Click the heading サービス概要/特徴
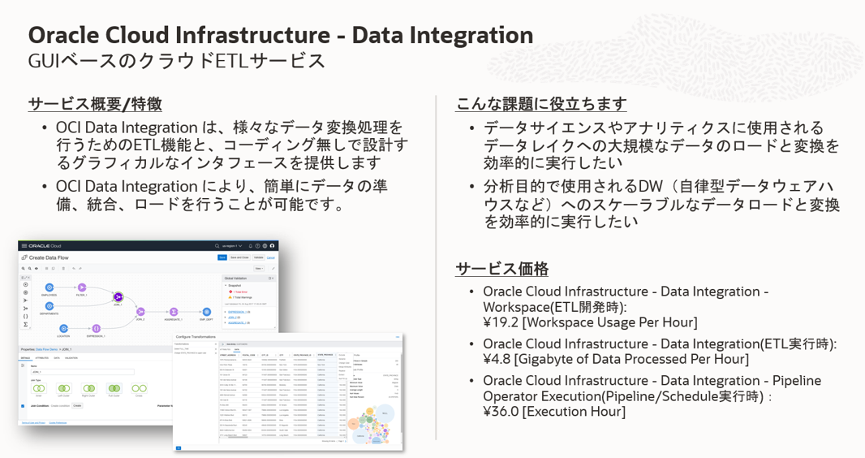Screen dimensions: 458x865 click(x=95, y=104)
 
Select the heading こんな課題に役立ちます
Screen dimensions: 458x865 click(x=541, y=104)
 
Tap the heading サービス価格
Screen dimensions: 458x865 click(x=502, y=269)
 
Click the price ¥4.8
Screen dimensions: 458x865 click(x=497, y=359)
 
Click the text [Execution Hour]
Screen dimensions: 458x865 click(x=574, y=412)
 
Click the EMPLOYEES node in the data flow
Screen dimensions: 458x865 click(x=49, y=287)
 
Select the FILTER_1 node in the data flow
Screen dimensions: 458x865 click(x=81, y=287)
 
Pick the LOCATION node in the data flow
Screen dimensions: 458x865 click(x=63, y=328)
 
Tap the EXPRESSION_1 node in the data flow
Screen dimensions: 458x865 click(x=96, y=328)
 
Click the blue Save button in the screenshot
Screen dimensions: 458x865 click(x=222, y=257)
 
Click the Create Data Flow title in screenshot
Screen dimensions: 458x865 click(x=54, y=257)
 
